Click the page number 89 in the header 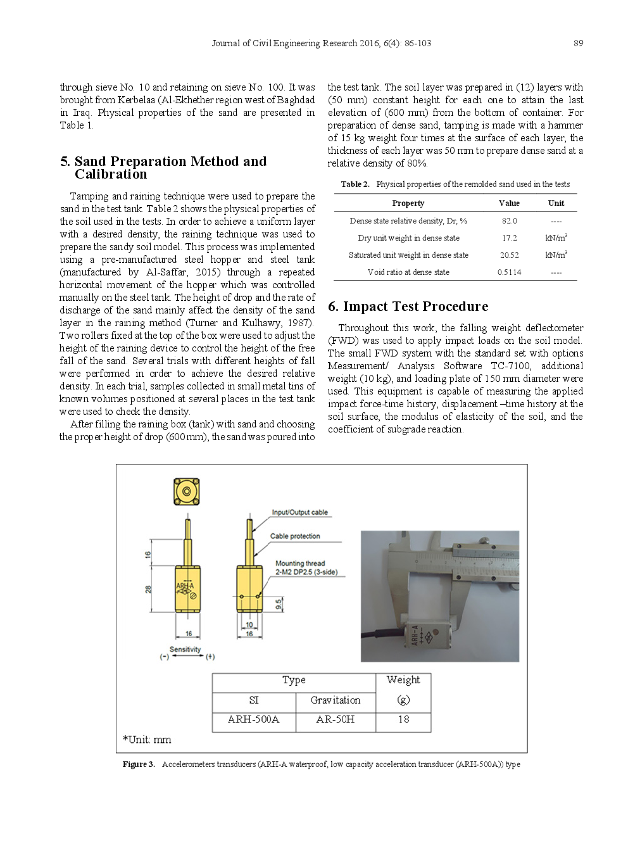pyautogui.click(x=578, y=43)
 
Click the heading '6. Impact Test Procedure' pyautogui.click(x=408, y=306)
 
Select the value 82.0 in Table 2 pyautogui.click(x=509, y=221)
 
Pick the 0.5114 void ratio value pyautogui.click(x=509, y=272)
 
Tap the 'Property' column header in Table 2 pyautogui.click(x=408, y=203)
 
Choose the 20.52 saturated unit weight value pyautogui.click(x=509, y=255)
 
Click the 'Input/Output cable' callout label pyautogui.click(x=299, y=512)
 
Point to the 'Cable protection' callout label pyautogui.click(x=295, y=536)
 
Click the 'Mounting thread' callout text pyautogui.click(x=299, y=563)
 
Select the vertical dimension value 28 pyautogui.click(x=148, y=589)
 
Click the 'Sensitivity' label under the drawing pyautogui.click(x=185, y=649)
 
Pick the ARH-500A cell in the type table pyautogui.click(x=253, y=719)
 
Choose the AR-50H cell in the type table pyautogui.click(x=335, y=719)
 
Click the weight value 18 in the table pyautogui.click(x=403, y=719)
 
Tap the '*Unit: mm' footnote pyautogui.click(x=147, y=740)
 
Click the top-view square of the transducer pyautogui.click(x=187, y=492)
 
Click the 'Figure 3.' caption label pyautogui.click(x=139, y=764)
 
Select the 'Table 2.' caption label pyautogui.click(x=355, y=184)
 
